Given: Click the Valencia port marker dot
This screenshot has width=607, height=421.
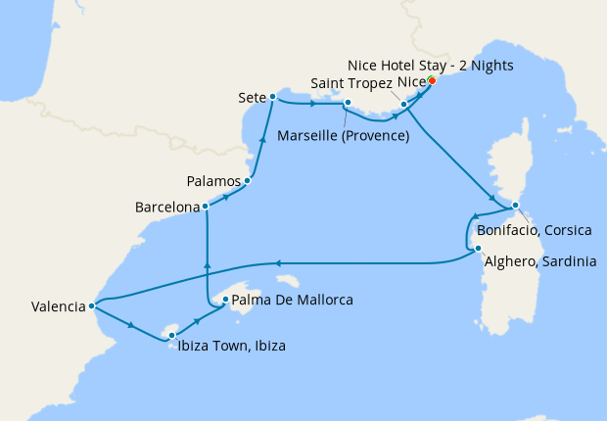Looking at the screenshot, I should coord(91,305).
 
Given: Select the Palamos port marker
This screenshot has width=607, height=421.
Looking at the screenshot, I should coord(248,180).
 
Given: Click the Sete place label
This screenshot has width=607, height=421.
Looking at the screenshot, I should coord(251,98).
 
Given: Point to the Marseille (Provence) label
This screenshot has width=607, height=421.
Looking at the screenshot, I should coord(343,135).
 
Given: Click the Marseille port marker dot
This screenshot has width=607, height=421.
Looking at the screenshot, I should coord(347,102).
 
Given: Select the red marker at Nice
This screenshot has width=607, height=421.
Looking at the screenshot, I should coord(432,80).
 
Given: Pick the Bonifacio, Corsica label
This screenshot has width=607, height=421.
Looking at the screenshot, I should coord(534,230).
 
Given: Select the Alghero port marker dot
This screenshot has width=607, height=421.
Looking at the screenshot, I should coord(477,249).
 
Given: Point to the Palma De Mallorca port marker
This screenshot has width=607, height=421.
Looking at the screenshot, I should coord(225,300).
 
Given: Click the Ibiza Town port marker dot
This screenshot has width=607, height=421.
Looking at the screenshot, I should coord(171,336).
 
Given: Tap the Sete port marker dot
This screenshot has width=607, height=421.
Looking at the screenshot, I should coord(271,96).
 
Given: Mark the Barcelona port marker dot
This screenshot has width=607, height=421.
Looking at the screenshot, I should coord(205,207).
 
